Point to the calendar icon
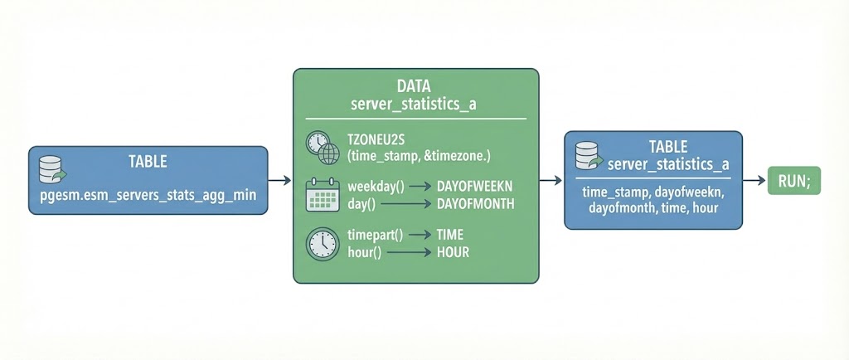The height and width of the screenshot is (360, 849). point(323,196)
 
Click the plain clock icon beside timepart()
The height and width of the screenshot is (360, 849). point(323,244)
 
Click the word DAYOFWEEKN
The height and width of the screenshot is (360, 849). point(476,187)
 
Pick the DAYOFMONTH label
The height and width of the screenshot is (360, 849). point(475,203)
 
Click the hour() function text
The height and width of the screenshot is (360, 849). point(365,252)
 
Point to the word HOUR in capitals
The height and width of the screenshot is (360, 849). point(453,252)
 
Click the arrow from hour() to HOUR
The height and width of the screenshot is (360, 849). point(408,252)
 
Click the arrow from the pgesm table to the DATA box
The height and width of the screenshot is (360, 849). point(280,180)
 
